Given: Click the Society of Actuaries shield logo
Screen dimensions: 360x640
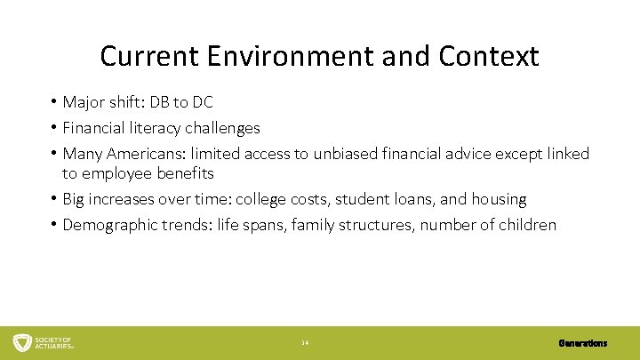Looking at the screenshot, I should (22, 342).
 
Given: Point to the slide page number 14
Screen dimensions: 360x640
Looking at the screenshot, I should (305, 343).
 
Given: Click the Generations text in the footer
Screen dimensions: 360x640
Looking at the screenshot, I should (583, 343).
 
